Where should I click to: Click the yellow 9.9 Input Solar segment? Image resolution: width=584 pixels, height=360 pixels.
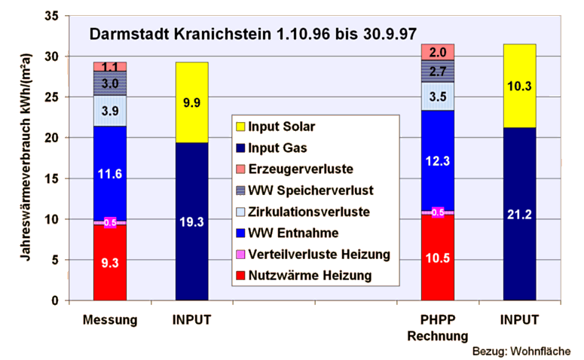192,102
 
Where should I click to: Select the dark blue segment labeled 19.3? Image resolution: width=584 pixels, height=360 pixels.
192,221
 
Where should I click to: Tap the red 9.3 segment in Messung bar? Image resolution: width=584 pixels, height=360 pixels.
110,263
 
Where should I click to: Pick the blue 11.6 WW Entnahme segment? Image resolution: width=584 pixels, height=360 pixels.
110,173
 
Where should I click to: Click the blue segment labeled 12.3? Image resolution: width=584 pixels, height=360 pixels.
438,160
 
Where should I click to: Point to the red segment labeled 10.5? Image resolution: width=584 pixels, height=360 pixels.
438,258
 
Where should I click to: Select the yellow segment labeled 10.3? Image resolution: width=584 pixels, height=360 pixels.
519,86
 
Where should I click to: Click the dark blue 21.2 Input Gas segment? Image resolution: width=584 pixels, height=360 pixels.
519,214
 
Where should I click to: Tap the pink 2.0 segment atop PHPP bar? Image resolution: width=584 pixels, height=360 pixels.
438,52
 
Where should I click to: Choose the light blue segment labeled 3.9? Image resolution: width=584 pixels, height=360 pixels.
110,111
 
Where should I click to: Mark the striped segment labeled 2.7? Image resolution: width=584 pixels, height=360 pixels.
438,71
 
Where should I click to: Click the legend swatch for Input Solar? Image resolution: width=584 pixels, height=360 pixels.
240,127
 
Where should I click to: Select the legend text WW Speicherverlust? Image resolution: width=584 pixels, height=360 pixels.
310,191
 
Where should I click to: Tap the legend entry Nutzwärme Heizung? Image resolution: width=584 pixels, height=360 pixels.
310,276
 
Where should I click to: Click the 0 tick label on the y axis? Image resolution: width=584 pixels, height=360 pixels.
56,301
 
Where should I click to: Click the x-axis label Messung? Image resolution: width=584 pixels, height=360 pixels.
110,320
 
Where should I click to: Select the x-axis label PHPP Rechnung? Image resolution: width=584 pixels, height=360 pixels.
438,328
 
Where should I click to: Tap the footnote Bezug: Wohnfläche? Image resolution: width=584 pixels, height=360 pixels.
521,351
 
